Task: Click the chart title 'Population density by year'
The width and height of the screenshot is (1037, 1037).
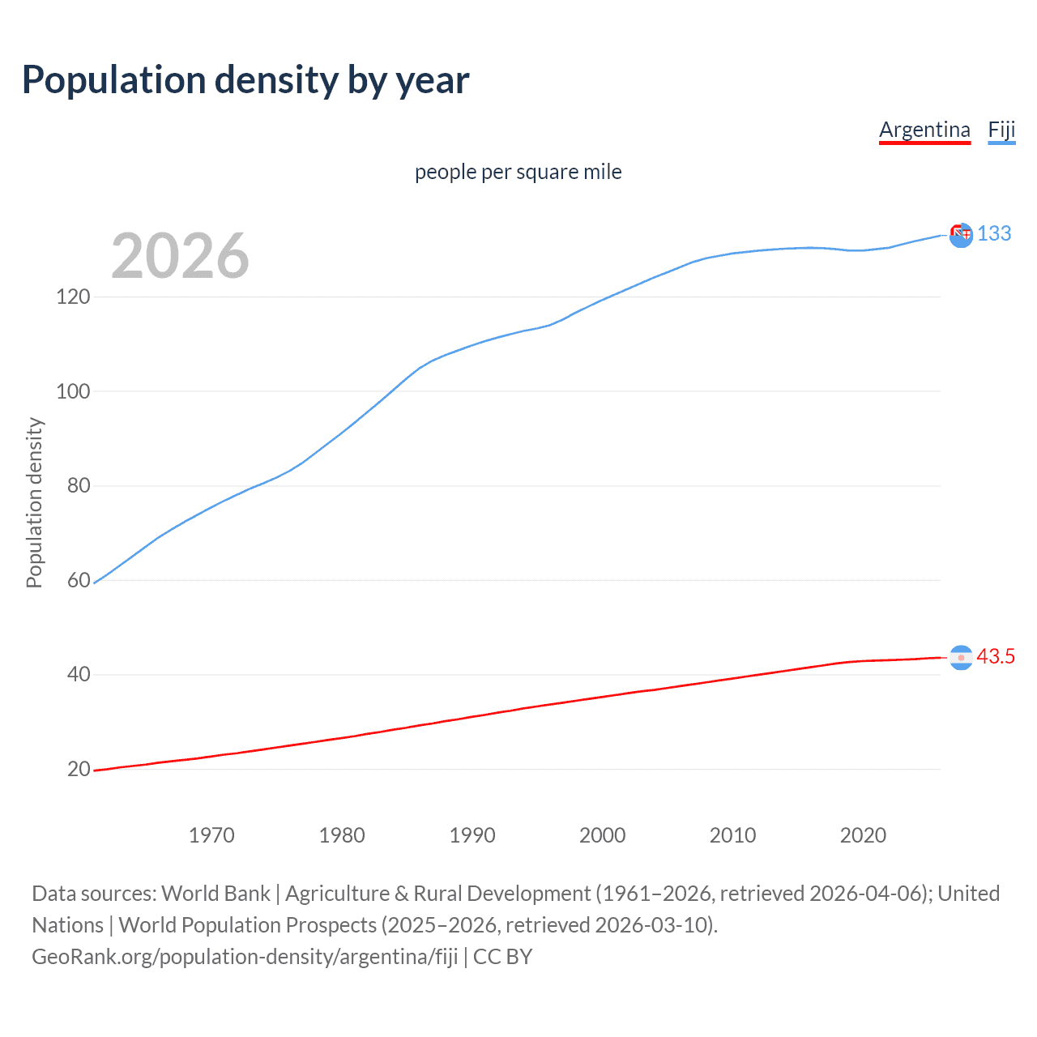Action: (245, 80)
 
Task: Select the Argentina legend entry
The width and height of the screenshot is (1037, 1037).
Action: (924, 130)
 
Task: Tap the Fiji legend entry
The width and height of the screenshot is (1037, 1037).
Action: (1001, 130)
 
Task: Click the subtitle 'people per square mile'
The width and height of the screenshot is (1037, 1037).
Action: (518, 172)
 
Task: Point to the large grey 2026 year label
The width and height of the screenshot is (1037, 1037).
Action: (180, 256)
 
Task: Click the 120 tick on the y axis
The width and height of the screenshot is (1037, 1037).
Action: (73, 297)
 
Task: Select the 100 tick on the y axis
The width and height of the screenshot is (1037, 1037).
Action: (73, 391)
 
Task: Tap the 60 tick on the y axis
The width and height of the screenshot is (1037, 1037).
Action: (79, 580)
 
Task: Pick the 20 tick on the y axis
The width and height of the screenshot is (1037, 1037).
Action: (79, 769)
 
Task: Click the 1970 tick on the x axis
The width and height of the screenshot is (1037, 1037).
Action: (211, 835)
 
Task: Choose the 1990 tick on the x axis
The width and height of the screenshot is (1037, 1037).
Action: (472, 835)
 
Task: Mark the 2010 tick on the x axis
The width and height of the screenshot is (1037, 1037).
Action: (732, 835)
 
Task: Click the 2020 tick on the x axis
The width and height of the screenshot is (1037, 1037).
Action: (863, 835)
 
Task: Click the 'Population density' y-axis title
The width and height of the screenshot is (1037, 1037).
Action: (34, 502)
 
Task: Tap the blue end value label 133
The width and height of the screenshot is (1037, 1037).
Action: (994, 233)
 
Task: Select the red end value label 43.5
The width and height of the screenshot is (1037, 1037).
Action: (996, 656)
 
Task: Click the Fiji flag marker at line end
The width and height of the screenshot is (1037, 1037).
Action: (961, 235)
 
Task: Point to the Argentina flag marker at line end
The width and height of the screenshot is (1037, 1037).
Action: (961, 658)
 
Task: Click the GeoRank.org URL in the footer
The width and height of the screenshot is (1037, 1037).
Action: (245, 957)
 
